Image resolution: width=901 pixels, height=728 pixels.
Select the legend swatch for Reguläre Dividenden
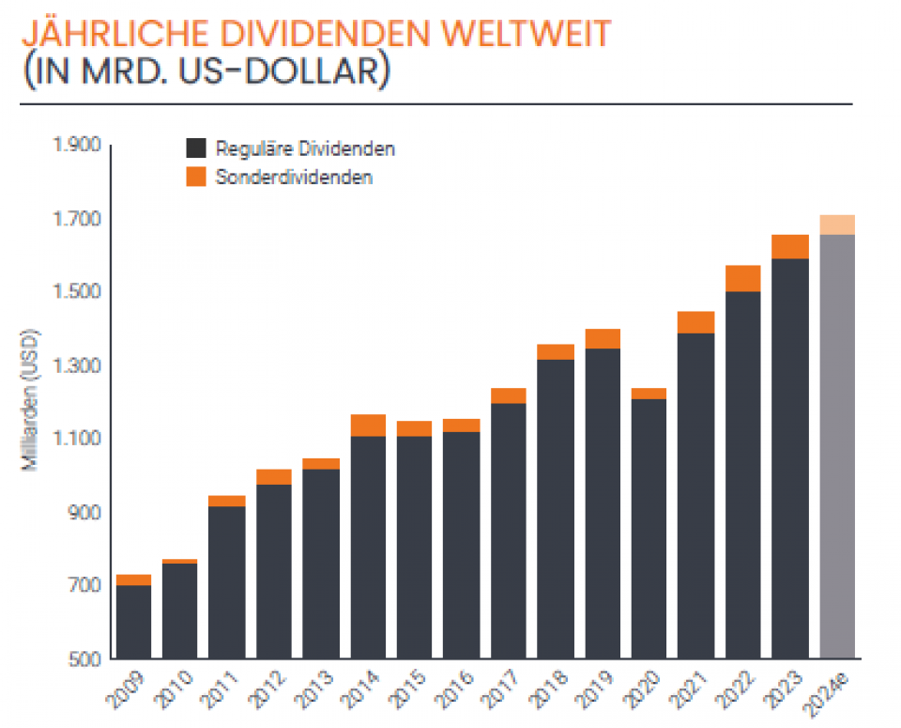coord(195,148)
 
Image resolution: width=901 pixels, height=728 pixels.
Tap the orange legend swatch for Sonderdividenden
coord(195,177)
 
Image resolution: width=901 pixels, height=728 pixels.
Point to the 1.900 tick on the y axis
coord(80,146)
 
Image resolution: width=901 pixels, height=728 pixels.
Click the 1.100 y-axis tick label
coord(80,439)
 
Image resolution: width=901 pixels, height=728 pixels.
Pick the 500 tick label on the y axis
coord(86,658)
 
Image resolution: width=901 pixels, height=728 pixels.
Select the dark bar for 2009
coord(133,621)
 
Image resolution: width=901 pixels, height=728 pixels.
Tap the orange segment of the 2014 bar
coord(368,425)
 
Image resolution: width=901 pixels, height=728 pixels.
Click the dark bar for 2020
coord(649,528)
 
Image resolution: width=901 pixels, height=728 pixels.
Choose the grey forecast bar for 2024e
coord(837,446)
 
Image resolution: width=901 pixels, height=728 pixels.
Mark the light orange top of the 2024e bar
coord(837,225)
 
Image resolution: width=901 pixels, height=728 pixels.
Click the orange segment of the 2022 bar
coord(743,278)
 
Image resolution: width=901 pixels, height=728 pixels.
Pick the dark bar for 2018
coord(556,508)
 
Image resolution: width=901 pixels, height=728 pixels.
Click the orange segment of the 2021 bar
coord(696,322)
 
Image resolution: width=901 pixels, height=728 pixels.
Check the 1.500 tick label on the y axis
coord(80,292)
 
